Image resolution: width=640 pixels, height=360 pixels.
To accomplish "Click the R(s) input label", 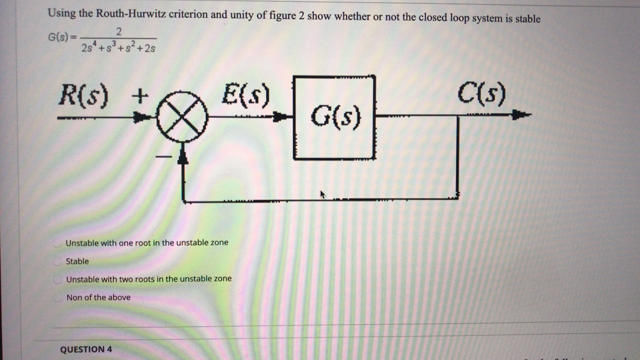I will pyautogui.click(x=83, y=95).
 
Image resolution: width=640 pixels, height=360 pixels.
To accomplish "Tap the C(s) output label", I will pyautogui.click(x=481, y=94).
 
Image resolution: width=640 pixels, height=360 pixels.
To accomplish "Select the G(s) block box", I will pyautogui.click(x=334, y=117).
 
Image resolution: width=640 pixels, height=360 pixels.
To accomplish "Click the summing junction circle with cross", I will pyautogui.click(x=182, y=117).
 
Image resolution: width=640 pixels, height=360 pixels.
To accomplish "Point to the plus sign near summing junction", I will pyautogui.click(x=140, y=94).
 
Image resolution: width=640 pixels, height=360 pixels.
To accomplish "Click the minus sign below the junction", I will pyautogui.click(x=163, y=156).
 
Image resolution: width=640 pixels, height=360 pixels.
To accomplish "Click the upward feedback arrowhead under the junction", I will pyautogui.click(x=183, y=157).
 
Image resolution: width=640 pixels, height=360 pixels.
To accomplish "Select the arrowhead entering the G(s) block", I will pyautogui.click(x=283, y=117).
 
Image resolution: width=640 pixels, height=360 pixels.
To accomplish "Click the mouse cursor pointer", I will pyautogui.click(x=322, y=194).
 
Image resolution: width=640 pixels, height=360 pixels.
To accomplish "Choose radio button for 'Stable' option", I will pyautogui.click(x=58, y=261).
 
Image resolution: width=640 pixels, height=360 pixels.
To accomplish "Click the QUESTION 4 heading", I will pyautogui.click(x=86, y=349).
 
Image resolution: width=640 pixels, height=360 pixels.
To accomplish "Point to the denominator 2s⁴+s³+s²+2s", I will pyautogui.click(x=118, y=47).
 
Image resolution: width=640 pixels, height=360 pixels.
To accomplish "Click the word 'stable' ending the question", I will pyautogui.click(x=527, y=19).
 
